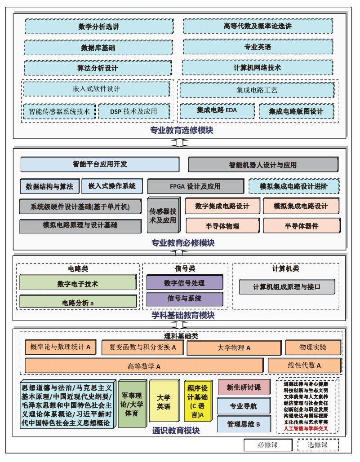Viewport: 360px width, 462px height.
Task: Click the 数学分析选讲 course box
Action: click(x=99, y=26)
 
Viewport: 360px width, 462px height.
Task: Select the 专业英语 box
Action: click(x=258, y=47)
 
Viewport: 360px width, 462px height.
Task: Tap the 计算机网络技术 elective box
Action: click(x=258, y=68)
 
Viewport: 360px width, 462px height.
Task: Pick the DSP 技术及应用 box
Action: click(x=128, y=111)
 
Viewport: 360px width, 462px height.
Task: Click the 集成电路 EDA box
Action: click(x=217, y=110)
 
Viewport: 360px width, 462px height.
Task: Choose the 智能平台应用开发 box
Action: click(x=100, y=164)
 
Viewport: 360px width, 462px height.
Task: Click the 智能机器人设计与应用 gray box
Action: click(x=263, y=165)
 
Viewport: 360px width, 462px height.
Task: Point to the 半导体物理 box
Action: click(x=222, y=226)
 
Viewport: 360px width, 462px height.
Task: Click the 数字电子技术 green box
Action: click(x=78, y=283)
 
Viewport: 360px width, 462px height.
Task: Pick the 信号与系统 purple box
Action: click(x=184, y=299)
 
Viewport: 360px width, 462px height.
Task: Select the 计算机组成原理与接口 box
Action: click(x=287, y=287)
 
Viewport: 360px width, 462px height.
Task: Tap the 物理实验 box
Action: click(x=313, y=347)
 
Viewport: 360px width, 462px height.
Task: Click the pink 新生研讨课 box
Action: click(x=244, y=387)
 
